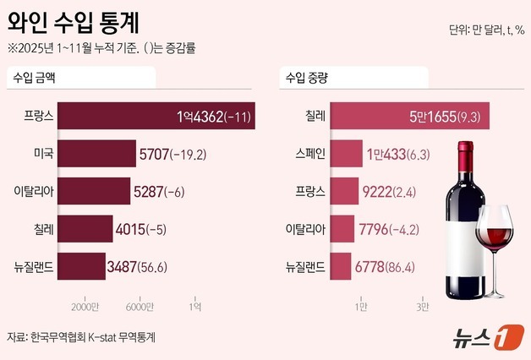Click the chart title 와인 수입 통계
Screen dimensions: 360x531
click(74, 18)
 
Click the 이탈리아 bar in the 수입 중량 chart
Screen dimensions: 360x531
click(342, 230)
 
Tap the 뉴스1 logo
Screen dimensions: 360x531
click(483, 336)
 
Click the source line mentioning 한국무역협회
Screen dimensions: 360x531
click(81, 336)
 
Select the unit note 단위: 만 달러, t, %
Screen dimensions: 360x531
click(487, 30)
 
